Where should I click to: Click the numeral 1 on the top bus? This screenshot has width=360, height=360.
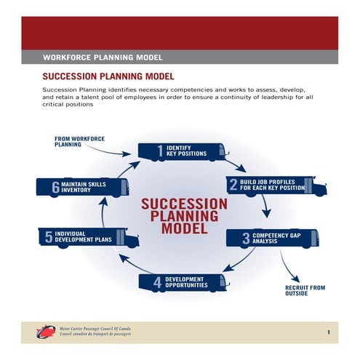(x=160, y=151)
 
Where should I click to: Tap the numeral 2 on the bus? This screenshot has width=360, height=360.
(x=233, y=185)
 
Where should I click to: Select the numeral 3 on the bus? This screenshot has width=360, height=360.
(x=246, y=238)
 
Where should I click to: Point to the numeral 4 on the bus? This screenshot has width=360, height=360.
(x=157, y=283)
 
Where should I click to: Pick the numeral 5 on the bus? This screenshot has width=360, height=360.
(x=48, y=236)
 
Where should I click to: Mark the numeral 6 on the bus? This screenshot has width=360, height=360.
(x=55, y=187)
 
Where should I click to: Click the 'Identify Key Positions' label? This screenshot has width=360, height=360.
(x=187, y=151)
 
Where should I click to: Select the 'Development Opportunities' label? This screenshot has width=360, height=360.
(x=187, y=282)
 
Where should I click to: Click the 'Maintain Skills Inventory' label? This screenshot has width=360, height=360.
(x=84, y=187)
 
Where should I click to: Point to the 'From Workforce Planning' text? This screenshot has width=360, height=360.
(x=73, y=141)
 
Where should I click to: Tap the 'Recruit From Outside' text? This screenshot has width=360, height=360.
(x=305, y=292)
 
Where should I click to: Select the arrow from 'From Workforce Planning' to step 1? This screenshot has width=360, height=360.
(x=116, y=149)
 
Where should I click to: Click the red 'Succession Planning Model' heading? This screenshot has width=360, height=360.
(x=108, y=76)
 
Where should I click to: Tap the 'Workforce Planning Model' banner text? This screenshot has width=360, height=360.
(x=103, y=56)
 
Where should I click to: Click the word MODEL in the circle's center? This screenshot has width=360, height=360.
(x=179, y=228)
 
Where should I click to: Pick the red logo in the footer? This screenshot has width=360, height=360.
(x=45, y=332)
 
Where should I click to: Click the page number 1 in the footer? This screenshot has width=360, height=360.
(x=329, y=333)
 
